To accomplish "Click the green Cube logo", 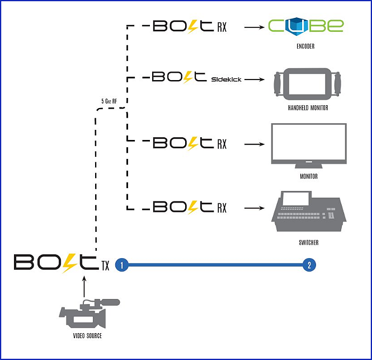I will tap(305, 26).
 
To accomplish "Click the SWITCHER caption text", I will tap(309, 242).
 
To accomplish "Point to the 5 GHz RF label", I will tap(109, 101).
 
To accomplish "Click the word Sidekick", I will tap(226, 80).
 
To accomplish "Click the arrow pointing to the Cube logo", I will tap(254, 26).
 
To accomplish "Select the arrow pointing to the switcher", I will tap(254, 208).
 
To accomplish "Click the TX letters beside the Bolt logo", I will tap(105, 267).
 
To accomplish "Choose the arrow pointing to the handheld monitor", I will tap(254, 80).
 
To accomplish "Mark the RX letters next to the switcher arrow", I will tap(222, 208).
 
